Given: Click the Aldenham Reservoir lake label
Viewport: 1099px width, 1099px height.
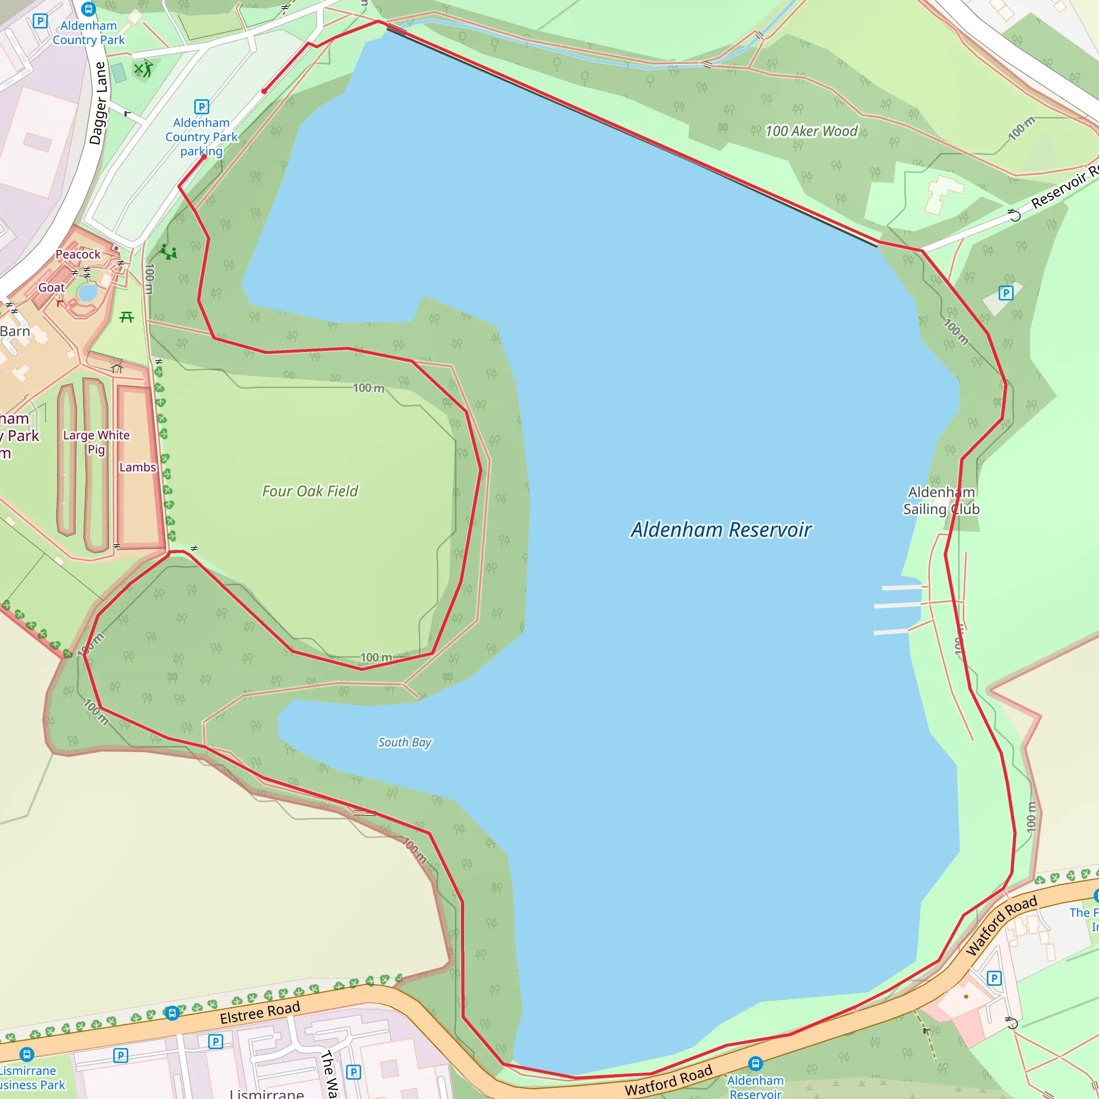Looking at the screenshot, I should click(x=721, y=530).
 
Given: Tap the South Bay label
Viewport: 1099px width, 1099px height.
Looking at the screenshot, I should click(x=405, y=742).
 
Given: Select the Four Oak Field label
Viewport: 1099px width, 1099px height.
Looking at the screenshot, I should click(x=310, y=491).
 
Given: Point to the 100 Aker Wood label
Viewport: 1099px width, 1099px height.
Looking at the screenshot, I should click(x=811, y=131).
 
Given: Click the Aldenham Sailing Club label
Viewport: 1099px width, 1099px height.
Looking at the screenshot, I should click(x=941, y=501).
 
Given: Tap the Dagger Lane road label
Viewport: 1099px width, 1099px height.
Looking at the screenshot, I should click(x=98, y=103).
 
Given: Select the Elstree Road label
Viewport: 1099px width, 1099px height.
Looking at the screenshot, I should click(x=260, y=1013).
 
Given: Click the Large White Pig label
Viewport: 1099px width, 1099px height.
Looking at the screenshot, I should click(x=96, y=442).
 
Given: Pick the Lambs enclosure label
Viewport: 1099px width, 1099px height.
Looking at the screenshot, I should click(x=137, y=467).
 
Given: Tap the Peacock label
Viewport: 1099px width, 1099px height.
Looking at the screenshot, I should click(x=78, y=254).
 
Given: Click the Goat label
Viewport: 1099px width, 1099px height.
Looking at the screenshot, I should click(x=51, y=288).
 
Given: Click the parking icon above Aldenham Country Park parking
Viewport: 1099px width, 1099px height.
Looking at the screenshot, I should click(x=201, y=106).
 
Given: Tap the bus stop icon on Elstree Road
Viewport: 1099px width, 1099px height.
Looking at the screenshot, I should click(x=172, y=1013).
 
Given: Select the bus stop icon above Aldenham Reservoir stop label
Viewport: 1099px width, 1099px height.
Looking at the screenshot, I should click(x=755, y=1063).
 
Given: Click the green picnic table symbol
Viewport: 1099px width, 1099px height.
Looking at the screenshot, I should click(x=126, y=317).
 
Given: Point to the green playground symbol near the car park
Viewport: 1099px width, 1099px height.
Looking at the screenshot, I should click(x=168, y=252).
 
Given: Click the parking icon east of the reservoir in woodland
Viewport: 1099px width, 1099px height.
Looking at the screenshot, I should click(x=1006, y=293).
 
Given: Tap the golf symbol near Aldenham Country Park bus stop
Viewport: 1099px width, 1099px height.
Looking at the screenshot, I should click(x=143, y=69).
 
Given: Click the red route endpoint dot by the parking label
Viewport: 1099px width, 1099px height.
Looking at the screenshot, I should click(x=203, y=157).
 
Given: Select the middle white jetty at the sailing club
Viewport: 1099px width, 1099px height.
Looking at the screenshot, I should click(x=897, y=605).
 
